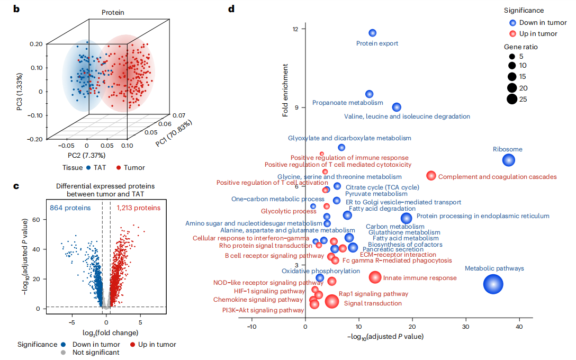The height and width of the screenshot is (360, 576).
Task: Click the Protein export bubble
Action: [x=373, y=33]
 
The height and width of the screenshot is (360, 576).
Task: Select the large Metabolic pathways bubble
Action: [x=493, y=284]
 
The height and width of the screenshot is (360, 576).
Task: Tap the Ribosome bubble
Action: [x=509, y=160]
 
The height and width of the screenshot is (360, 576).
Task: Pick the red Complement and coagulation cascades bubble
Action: [x=431, y=176]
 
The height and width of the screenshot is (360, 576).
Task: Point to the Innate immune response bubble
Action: [x=375, y=277]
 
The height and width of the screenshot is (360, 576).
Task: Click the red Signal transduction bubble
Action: [x=332, y=301]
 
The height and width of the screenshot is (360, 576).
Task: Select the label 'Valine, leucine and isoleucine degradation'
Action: [x=407, y=116]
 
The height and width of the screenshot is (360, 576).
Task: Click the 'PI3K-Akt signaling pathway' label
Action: [x=263, y=310]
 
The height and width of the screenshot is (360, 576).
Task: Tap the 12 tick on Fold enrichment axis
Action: [x=299, y=29]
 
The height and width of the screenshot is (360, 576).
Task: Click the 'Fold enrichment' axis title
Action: [x=285, y=91]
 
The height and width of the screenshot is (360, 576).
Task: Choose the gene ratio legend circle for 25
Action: [x=512, y=98]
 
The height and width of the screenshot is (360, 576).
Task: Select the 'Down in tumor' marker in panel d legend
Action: [x=512, y=23]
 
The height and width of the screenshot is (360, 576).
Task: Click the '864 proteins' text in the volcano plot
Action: [x=70, y=208]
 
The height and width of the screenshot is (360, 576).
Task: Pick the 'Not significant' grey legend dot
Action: [x=63, y=353]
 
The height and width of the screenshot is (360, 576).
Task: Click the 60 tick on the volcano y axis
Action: [x=36, y=219]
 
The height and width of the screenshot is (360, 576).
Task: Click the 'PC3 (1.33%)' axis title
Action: [x=19, y=91]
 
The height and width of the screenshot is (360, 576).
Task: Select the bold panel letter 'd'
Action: [x=231, y=8]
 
